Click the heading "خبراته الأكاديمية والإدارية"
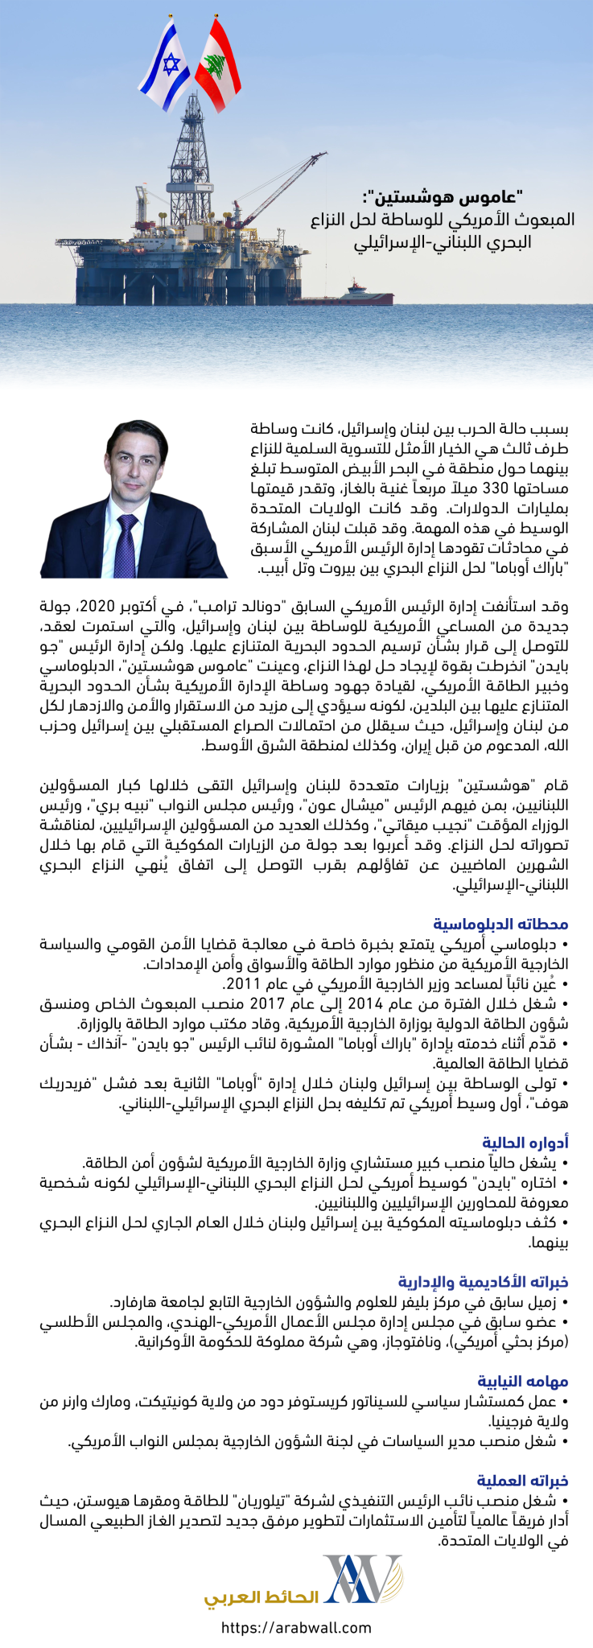pyautogui.click(x=484, y=1281)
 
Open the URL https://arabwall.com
pyautogui.click(x=296, y=1628)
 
